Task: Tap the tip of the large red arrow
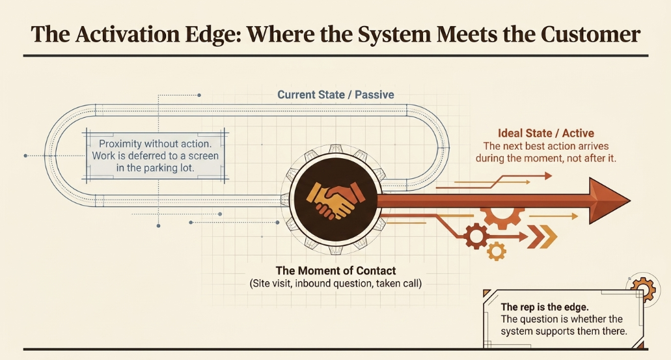coord(631,201)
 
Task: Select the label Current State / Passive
coord(336,94)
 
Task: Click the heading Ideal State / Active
coord(545,133)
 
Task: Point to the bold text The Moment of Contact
coord(336,271)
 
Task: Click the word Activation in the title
coord(128,35)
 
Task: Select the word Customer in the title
coord(590,35)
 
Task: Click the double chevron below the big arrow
coord(541,237)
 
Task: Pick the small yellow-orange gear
coord(497,251)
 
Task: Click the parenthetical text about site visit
coord(336,283)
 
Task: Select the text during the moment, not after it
coord(545,158)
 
